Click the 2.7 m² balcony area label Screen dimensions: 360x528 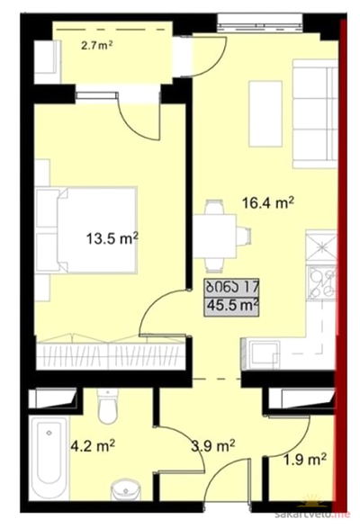(96, 45)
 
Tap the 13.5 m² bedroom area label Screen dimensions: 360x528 (112, 238)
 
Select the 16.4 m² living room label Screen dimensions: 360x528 (268, 203)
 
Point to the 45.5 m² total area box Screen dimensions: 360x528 (231, 306)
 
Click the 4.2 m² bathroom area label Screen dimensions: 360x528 (93, 446)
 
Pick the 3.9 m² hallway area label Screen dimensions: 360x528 (212, 446)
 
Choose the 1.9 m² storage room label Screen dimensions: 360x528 (305, 459)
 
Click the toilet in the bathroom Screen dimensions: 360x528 (107, 407)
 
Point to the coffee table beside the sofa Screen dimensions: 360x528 (265, 114)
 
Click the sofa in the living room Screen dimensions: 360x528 (315, 113)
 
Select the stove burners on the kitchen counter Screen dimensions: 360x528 (323, 282)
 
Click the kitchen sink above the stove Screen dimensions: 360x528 (321, 246)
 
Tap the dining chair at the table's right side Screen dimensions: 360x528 (244, 236)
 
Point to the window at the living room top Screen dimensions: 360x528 (259, 22)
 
